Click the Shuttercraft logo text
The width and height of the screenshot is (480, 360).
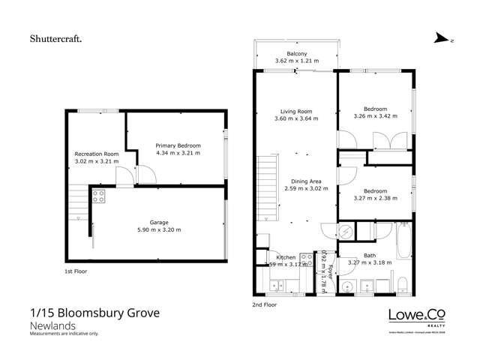56,37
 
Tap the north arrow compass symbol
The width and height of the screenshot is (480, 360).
442,40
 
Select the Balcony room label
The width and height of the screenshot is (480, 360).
294,54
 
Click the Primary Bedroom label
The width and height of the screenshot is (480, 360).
175,145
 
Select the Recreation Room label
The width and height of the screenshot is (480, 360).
96,154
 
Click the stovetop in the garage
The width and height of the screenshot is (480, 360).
97,196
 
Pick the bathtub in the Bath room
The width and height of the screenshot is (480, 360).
402,241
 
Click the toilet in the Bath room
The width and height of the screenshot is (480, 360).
403,283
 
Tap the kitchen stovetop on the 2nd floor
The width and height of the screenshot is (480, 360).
305,257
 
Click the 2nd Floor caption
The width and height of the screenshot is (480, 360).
265,305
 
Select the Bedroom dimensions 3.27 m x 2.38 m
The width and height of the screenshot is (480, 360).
375,198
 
